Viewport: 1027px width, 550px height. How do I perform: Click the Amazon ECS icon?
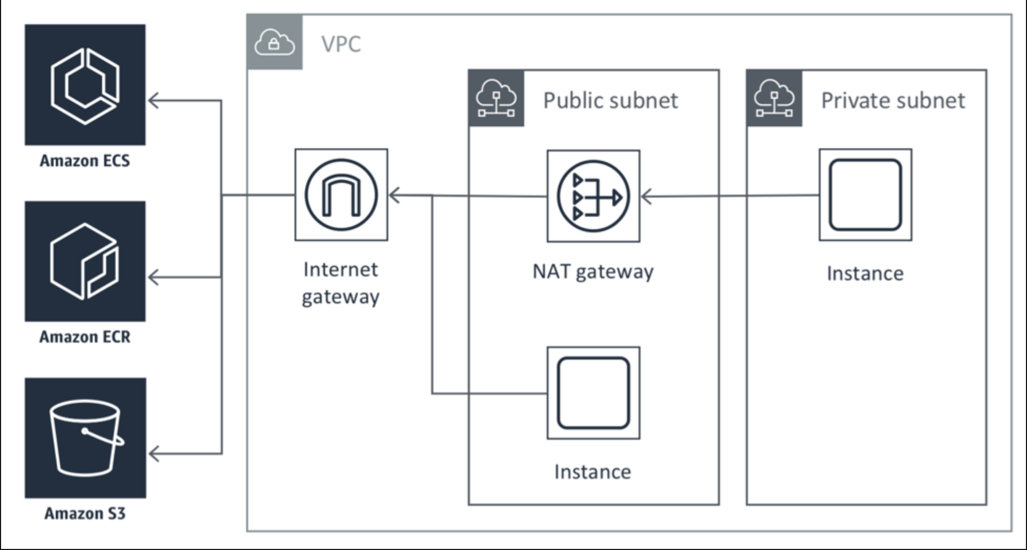[85, 85]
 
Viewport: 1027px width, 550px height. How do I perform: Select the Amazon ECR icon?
[85, 261]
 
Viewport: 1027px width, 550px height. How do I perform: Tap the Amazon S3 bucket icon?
[85, 438]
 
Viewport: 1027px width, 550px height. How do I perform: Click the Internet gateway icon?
[341, 195]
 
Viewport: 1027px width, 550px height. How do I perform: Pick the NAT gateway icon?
[593, 196]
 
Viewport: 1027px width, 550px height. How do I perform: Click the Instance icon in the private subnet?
[865, 195]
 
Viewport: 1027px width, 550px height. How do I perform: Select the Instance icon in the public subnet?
[593, 393]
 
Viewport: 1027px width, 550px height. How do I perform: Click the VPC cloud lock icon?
[275, 42]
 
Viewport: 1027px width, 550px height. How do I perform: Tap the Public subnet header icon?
[496, 98]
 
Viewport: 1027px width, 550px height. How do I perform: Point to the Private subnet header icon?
[774, 98]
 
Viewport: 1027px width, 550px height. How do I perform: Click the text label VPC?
[341, 44]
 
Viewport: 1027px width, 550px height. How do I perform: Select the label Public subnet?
[610, 100]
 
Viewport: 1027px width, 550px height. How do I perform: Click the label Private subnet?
[893, 100]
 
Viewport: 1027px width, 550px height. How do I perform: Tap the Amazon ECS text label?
[85, 160]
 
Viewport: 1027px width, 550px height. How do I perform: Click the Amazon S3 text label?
[85, 513]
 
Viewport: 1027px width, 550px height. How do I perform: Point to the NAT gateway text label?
[593, 272]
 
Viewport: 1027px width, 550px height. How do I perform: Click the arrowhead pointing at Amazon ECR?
[154, 277]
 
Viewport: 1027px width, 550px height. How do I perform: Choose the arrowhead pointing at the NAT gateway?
[647, 197]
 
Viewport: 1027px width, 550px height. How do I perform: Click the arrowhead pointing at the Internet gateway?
[395, 196]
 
